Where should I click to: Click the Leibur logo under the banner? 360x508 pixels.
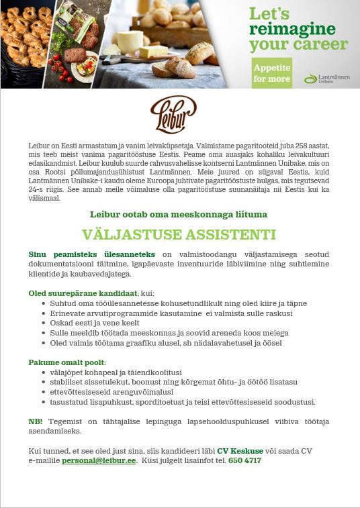173,114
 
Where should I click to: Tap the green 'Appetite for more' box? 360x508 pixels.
272,73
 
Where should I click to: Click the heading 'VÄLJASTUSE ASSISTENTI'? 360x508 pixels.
179,235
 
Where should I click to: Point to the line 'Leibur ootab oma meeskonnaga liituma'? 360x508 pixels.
179,214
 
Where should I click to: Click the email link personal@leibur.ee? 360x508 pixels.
99,461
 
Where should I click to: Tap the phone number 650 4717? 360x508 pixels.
244,461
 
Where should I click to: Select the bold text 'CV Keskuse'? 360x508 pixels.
240,451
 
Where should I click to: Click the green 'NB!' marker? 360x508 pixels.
36,421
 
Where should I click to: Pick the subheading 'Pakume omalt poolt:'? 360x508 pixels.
67,362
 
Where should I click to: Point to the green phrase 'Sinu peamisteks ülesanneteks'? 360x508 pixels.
91,254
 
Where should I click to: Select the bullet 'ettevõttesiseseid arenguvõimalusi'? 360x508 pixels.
111,392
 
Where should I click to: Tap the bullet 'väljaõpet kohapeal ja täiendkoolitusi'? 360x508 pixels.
116,372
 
